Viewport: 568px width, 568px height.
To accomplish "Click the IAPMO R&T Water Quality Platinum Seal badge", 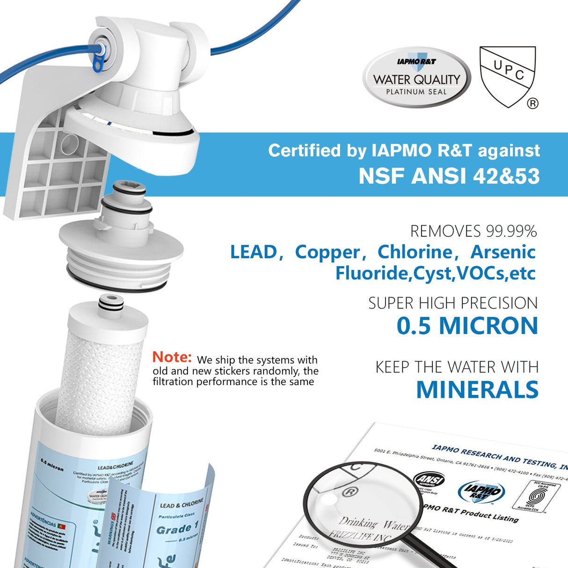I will (416, 78).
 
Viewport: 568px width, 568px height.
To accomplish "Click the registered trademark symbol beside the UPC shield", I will (532, 104).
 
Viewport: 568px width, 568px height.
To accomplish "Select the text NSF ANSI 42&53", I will (449, 176).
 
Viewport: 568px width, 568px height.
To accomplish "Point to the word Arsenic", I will (502, 252).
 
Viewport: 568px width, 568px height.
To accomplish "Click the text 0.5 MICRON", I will (467, 326).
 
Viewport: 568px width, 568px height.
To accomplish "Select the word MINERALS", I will (477, 390).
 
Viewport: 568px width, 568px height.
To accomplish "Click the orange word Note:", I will (172, 357).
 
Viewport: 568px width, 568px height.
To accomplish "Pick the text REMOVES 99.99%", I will (473, 231).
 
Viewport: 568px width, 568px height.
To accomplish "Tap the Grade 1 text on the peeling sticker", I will (174, 529).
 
